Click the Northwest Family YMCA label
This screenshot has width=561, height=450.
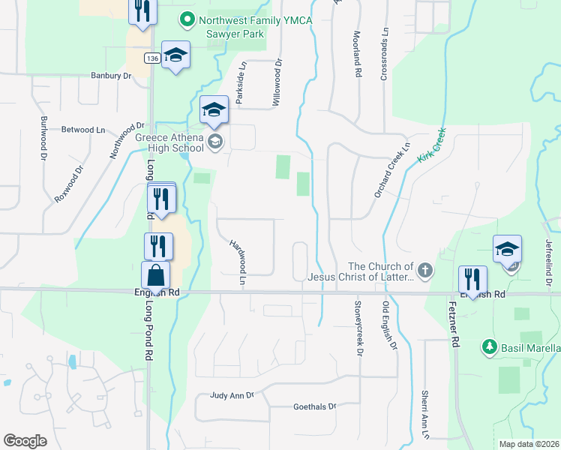[255, 19]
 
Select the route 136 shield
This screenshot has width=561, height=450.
[152, 58]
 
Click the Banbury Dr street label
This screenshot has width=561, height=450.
[111, 75]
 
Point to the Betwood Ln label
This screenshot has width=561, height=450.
[83, 130]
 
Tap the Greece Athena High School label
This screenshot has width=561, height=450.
[169, 142]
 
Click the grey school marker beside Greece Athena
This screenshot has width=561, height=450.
[215, 142]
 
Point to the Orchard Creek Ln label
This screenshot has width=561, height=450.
[393, 171]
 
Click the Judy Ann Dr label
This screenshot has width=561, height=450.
[232, 394]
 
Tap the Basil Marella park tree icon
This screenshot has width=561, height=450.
[490, 346]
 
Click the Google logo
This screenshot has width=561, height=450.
[25, 441]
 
